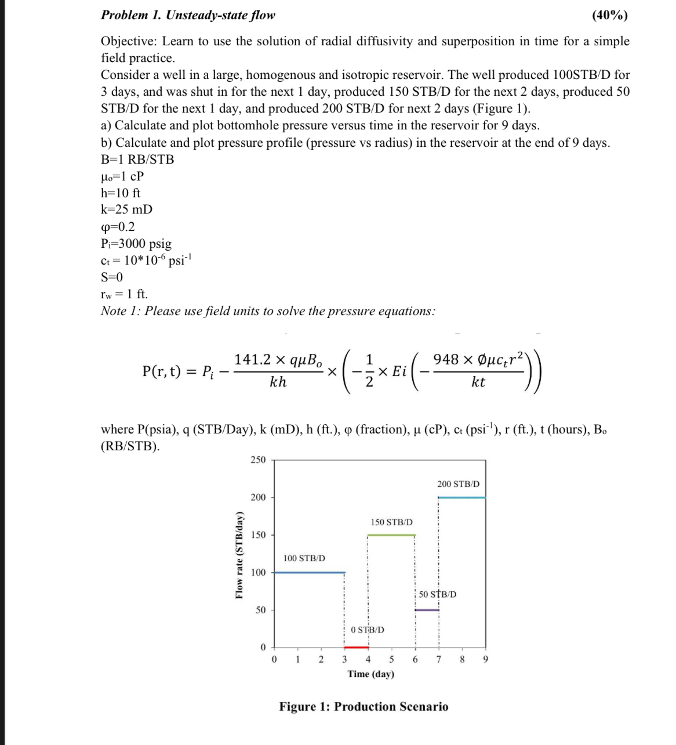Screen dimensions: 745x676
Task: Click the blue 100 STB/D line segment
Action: pyautogui.click(x=309, y=572)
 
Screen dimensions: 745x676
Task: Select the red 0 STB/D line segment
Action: pyautogui.click(x=356, y=647)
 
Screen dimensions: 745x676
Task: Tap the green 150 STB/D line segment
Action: pyautogui.click(x=391, y=535)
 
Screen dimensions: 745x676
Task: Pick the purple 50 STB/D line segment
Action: pyautogui.click(x=427, y=610)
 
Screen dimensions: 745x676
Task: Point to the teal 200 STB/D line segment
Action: pyautogui.click(x=462, y=497)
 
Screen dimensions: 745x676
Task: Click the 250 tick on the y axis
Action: pyautogui.click(x=258, y=460)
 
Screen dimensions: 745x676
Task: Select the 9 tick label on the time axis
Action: pyautogui.click(x=486, y=659)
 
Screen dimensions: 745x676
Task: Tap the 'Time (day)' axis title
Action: pyautogui.click(x=371, y=674)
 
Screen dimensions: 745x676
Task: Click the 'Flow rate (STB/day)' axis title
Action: pyautogui.click(x=239, y=555)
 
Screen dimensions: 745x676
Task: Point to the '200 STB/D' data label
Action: pyautogui.click(x=458, y=484)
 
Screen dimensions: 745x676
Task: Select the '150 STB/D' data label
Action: pyautogui.click(x=391, y=522)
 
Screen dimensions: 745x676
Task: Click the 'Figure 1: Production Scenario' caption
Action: pyautogui.click(x=364, y=707)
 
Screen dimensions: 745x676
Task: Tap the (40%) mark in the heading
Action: pyautogui.click(x=609, y=15)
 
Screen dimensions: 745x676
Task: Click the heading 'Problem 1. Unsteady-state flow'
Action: pyautogui.click(x=188, y=15)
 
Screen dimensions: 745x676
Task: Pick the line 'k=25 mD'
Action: pyautogui.click(x=126, y=209)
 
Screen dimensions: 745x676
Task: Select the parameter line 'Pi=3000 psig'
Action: pyautogui.click(x=136, y=244)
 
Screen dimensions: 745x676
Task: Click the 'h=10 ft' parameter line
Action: pyautogui.click(x=120, y=193)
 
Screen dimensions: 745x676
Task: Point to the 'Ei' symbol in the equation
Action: pyautogui.click(x=399, y=371)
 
